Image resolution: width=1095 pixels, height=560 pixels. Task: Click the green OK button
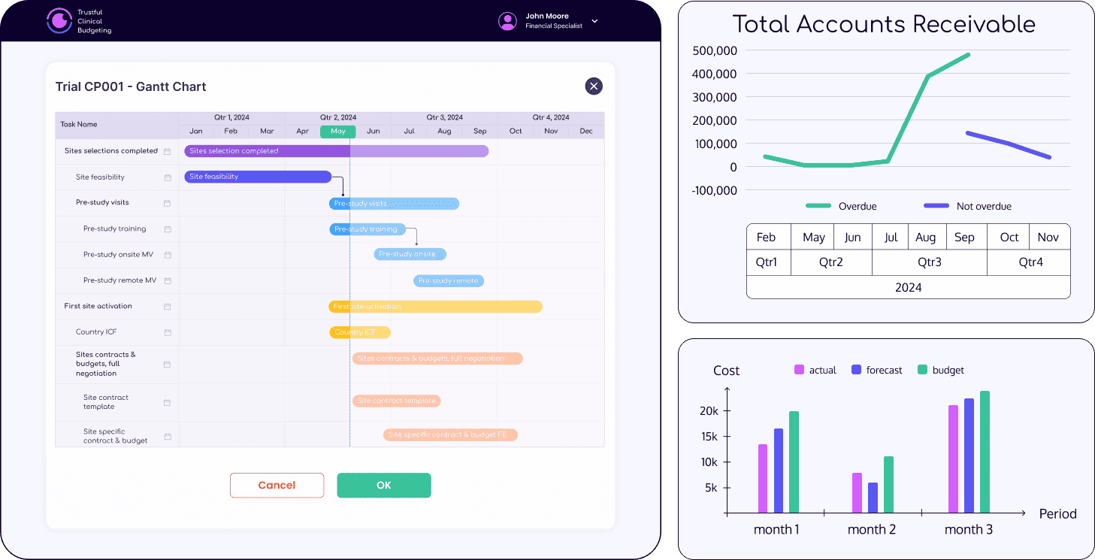coord(383,486)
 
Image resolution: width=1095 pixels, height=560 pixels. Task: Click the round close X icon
coord(594,86)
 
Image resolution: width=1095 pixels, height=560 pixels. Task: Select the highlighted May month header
coord(337,132)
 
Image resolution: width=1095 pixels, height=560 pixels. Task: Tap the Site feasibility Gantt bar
coord(258,177)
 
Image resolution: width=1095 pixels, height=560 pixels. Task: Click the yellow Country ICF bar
coord(359,332)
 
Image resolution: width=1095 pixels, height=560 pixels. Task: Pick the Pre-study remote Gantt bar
coord(448,280)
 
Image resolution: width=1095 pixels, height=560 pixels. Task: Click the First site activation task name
coord(98,306)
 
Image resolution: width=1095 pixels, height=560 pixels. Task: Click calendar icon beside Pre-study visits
coord(168,203)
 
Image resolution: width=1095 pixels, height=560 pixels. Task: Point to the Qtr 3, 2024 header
coord(444,118)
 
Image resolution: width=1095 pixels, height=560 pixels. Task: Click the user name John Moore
coord(546,16)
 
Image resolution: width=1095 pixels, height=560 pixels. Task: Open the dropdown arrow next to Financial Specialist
coord(594,21)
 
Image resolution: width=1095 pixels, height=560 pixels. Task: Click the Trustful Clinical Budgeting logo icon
coord(59,21)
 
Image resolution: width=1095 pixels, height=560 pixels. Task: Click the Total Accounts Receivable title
coord(884,24)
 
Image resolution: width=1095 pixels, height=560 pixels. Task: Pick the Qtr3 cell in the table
coord(929,263)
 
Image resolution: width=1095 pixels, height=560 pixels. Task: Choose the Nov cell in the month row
coord(1048,238)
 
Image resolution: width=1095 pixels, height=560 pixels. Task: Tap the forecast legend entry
coord(876,370)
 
